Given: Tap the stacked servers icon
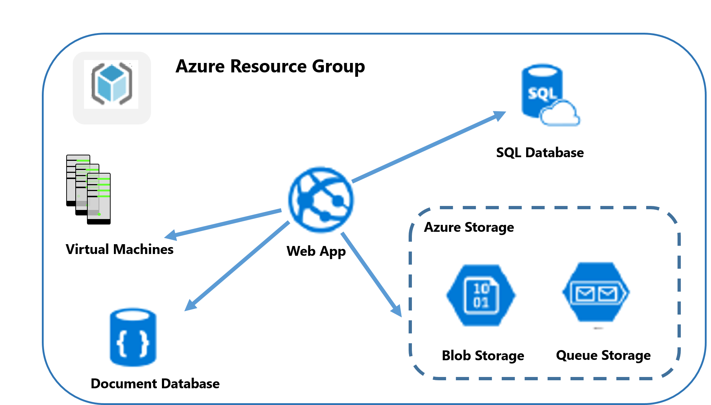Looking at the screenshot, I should click(88, 187).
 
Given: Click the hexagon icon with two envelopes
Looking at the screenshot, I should click(596, 293).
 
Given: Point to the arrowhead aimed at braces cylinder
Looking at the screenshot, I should click(190, 306).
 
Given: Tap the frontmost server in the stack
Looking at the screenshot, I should click(99, 196).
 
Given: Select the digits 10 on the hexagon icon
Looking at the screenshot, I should click(481, 289).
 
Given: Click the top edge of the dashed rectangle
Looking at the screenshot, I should click(546, 208).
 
